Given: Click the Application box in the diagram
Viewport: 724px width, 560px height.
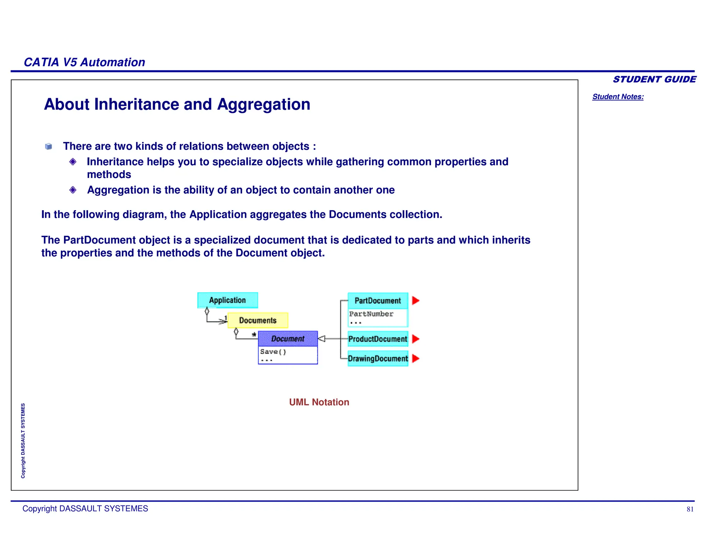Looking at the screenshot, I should [x=227, y=300].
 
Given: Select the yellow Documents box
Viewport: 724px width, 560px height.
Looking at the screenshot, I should [x=258, y=320].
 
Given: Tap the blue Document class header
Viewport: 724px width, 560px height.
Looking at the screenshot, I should [x=288, y=339].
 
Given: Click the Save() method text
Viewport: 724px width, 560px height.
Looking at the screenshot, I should [x=273, y=352].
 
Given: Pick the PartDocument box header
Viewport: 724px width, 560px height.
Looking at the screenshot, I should [x=378, y=301].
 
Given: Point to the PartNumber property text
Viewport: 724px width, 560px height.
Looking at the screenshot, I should [x=371, y=314].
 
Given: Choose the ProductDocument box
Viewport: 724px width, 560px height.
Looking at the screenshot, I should [x=378, y=339].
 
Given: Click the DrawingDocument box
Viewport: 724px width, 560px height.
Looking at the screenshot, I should [x=378, y=359].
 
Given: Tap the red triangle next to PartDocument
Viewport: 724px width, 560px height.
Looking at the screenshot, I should [x=415, y=301].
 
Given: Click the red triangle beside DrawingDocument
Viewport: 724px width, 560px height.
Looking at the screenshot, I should [x=415, y=359].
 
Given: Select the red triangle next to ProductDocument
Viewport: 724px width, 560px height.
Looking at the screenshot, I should [x=415, y=339].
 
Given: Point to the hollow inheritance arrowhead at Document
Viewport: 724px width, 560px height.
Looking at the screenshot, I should [x=322, y=339].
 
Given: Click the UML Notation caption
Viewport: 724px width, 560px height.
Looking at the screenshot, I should [x=319, y=402].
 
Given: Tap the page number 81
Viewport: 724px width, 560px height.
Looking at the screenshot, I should [x=690, y=509].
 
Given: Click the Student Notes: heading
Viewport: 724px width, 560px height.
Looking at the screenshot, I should [x=618, y=97].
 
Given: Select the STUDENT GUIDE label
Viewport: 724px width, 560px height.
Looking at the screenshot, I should [x=654, y=79].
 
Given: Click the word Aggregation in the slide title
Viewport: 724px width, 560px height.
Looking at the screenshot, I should [x=263, y=104].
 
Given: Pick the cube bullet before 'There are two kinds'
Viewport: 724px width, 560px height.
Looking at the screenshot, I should [x=49, y=147].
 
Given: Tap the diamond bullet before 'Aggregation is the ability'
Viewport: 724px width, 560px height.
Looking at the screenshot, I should [x=73, y=190].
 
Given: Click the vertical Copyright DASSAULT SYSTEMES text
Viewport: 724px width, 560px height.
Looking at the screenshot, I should [x=23, y=441].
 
